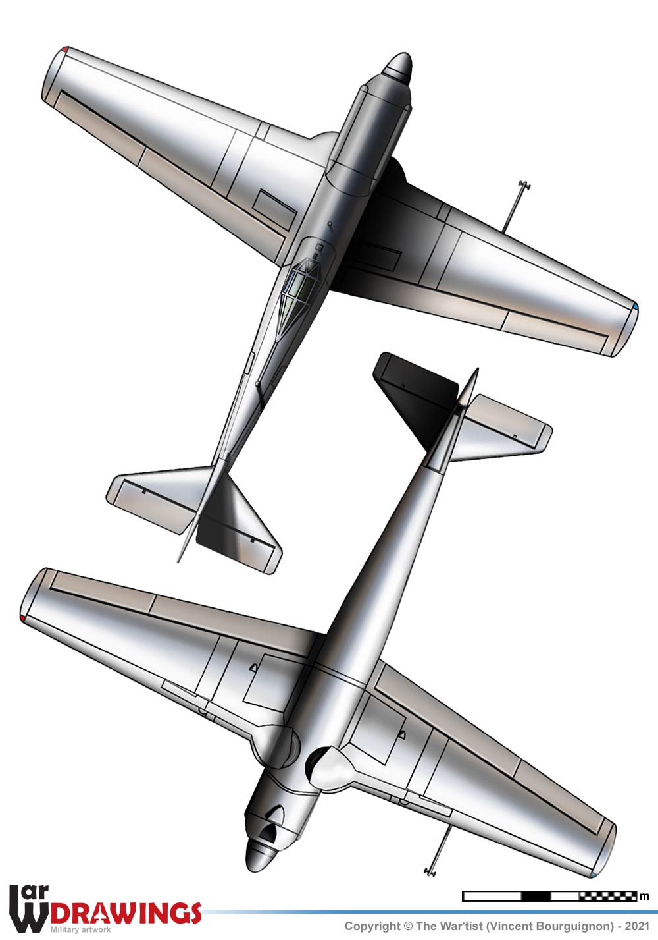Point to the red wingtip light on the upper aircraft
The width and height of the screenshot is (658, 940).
coord(65,49)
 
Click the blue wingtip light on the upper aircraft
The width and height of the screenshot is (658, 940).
coord(637,306)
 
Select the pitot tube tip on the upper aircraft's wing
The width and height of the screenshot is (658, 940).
coord(524,184)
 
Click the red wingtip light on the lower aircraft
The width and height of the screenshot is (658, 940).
coord(22,618)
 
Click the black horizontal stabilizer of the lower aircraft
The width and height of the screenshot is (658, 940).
coord(415,399)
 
